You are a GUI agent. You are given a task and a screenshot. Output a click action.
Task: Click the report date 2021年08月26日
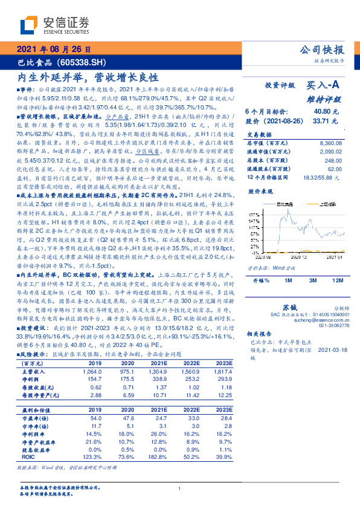tap(54, 50)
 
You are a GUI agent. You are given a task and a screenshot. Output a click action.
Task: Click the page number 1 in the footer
tap(180, 488)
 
